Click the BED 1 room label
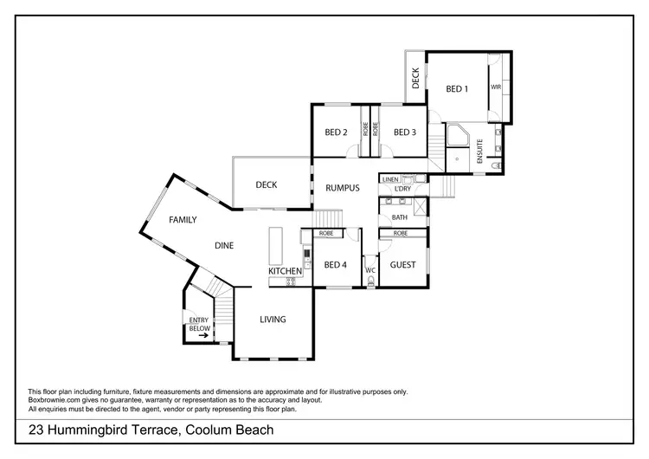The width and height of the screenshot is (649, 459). tap(456, 88)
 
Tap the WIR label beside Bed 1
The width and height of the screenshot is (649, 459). tap(497, 87)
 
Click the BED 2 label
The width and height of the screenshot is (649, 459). tap(336, 133)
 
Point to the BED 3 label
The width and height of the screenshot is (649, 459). tap(405, 133)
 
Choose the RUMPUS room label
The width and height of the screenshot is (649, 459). tap(342, 187)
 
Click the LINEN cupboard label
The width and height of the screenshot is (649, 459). tap(389, 179)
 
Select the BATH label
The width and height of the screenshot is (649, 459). tap(399, 217)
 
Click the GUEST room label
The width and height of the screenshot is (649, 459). tap(402, 265)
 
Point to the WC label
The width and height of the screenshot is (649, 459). tap(369, 270)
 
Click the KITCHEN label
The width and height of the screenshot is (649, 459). tap(285, 271)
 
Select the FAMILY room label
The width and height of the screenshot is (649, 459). tap(183, 220)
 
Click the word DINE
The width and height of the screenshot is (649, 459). tap(224, 246)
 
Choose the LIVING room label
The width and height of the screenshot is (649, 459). tap(273, 320)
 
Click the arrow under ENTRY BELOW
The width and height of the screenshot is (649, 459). tap(201, 336)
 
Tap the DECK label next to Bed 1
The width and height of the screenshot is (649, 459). tap(415, 79)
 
